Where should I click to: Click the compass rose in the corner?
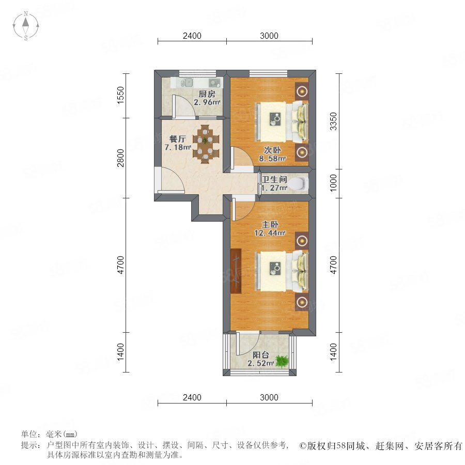[26, 26]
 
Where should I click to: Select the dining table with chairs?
[206, 144]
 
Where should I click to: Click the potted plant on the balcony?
[281, 361]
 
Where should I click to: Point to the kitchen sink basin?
[187, 82]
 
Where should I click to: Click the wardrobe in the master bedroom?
[236, 270]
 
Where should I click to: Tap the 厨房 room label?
[207, 94]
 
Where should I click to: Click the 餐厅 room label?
[177, 139]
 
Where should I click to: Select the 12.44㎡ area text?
[270, 233]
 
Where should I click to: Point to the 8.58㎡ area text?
[272, 159]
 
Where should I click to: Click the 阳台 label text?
[261, 355]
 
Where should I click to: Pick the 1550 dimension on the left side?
[120, 95]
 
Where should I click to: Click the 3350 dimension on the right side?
[333, 121]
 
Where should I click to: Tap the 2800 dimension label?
[120, 158]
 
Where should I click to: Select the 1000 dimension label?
[333, 183]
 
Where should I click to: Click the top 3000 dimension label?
[269, 36]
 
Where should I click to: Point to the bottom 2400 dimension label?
[192, 397]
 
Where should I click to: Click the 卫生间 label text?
[274, 179]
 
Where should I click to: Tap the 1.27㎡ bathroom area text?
[274, 188]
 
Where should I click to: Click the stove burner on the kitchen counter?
[214, 83]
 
